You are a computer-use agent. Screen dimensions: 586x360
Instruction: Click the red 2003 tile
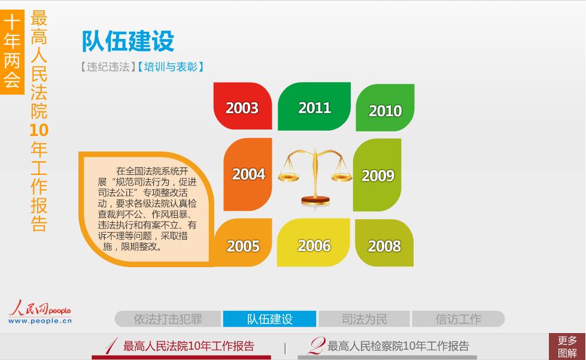coord(242,106)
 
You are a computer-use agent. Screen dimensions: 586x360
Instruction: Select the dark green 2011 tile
coord(314,107)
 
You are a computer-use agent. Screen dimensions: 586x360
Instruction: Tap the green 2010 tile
coord(385,108)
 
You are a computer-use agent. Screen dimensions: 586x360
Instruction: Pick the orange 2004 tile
coord(248,174)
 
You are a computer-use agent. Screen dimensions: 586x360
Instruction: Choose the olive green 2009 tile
coord(377,175)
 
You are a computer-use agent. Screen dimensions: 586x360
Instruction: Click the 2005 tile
coord(243,243)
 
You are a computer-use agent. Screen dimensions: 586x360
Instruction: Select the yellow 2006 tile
coord(314,243)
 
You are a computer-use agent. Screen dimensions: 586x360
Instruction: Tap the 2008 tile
coord(384,243)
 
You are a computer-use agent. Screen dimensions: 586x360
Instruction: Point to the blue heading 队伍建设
coord(128,41)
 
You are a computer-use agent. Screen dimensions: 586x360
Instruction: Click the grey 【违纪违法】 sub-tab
coord(108,67)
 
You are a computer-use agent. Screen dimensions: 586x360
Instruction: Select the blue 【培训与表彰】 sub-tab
coord(171,67)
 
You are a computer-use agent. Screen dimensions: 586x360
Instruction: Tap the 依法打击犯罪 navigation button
coord(168,319)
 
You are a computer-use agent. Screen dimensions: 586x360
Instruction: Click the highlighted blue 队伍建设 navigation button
coord(269,319)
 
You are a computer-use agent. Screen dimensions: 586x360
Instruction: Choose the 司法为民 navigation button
coord(364,319)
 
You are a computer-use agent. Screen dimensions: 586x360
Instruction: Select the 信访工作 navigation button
coord(458,319)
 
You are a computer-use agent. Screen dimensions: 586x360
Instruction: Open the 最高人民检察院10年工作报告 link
coord(388,346)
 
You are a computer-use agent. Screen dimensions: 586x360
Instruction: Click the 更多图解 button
coord(567,347)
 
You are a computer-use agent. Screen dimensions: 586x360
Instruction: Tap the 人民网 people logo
coord(40,311)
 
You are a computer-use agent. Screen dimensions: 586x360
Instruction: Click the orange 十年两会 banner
coord(12,52)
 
